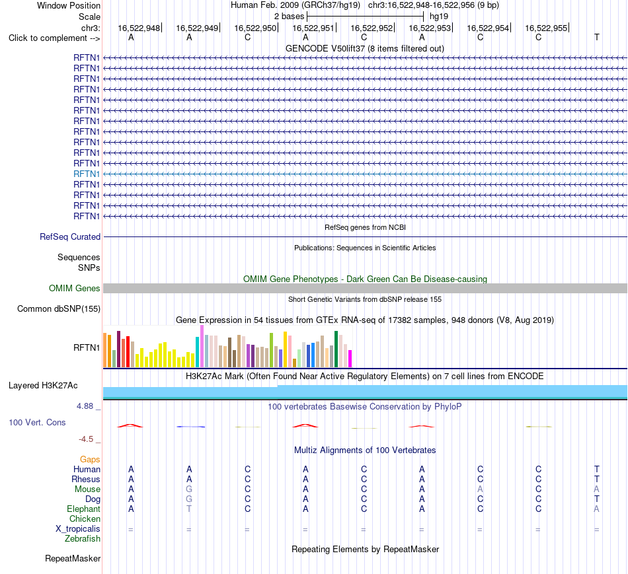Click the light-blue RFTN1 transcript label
tap(87, 174)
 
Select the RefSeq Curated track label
tap(70, 236)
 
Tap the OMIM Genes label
tap(75, 288)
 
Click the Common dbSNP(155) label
tap(59, 308)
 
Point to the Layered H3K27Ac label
tap(43, 386)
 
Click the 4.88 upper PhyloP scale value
tap(85, 406)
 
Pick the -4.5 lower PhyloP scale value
tap(86, 439)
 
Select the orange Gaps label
tap(90, 459)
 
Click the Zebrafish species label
tap(83, 538)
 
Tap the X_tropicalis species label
tap(78, 529)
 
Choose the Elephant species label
tap(83, 509)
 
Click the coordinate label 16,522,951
tap(313, 28)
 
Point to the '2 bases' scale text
tap(289, 17)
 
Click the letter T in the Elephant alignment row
tap(189, 509)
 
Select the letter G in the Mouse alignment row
tap(189, 489)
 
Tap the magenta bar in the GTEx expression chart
tap(350, 359)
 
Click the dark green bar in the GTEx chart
tap(336, 349)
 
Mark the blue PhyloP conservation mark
tap(190, 427)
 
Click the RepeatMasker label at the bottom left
tap(73, 558)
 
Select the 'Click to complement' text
tap(48, 38)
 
